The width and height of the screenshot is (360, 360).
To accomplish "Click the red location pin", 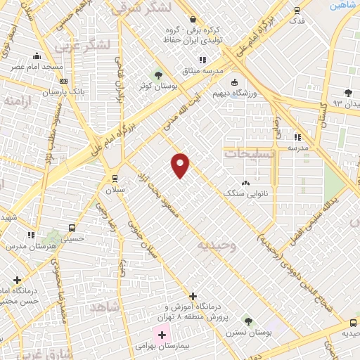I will tap(181, 165).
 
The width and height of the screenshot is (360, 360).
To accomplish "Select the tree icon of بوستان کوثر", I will tap(158, 74).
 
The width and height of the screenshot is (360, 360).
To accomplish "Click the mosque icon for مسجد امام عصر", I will tap(37, 56).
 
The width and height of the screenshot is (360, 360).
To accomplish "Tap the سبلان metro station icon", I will tap(115, 178).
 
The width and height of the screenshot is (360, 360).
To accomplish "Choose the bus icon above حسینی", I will tap(72, 228).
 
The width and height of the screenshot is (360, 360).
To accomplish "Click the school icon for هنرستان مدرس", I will tap(30, 235).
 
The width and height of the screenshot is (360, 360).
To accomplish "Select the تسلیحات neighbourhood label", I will tap(250, 153).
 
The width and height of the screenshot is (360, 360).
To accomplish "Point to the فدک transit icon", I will tap(297, 11).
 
